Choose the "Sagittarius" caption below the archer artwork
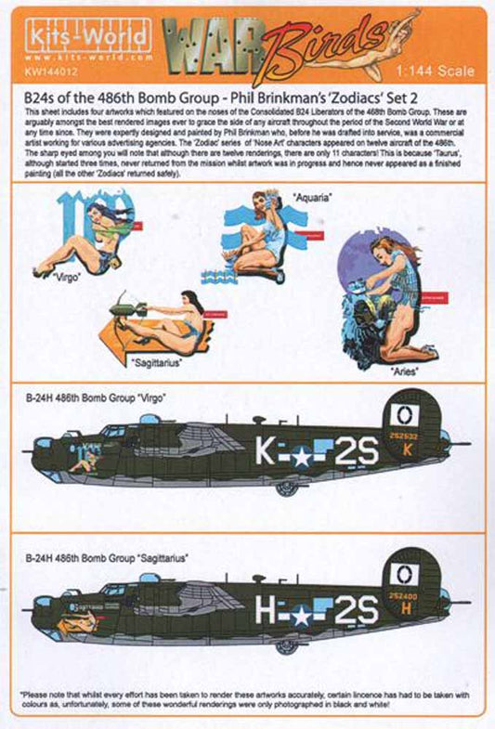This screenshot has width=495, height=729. coord(155,362)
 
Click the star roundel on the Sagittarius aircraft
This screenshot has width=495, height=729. coord(303,613)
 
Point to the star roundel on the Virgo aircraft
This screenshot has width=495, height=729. coord(303,455)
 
